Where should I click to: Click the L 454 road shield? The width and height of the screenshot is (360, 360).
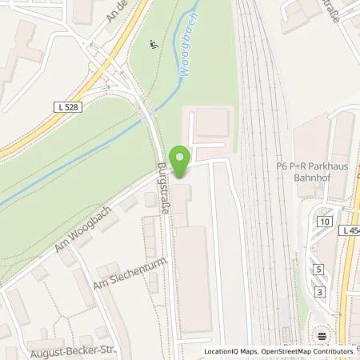click(x=350, y=230)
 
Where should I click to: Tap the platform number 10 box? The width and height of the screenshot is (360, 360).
click(x=323, y=222)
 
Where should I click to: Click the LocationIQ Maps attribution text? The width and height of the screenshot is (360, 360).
click(x=231, y=350)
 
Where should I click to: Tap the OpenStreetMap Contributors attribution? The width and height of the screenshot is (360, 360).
click(x=307, y=350)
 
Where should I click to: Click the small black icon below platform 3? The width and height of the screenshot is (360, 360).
click(x=321, y=334)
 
